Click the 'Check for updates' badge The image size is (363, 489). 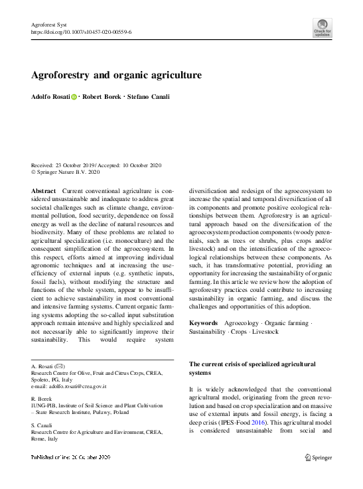tap(323, 27)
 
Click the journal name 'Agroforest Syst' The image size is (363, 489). tap(50, 24)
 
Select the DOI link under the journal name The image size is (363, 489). tap(81, 31)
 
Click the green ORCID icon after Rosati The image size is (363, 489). tap(74, 97)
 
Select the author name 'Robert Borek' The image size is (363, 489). tap(102, 97)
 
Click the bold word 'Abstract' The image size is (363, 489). tap(44, 190)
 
